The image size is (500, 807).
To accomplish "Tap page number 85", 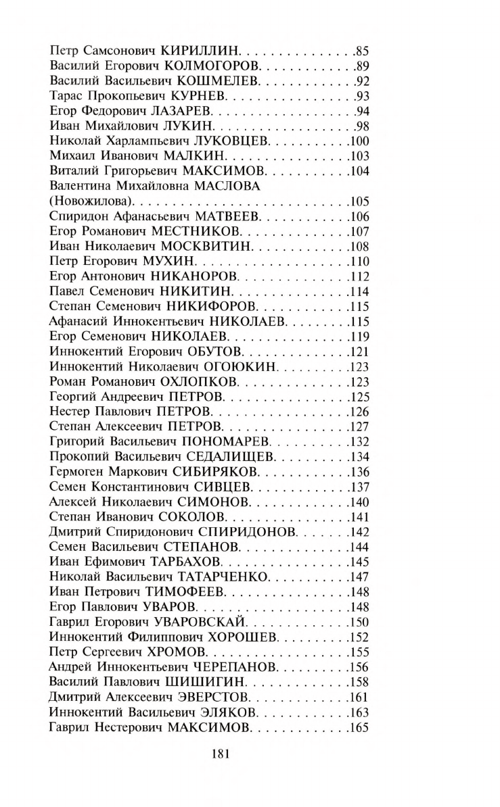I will point(361,51).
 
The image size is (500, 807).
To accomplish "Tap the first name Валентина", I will point(78,186).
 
